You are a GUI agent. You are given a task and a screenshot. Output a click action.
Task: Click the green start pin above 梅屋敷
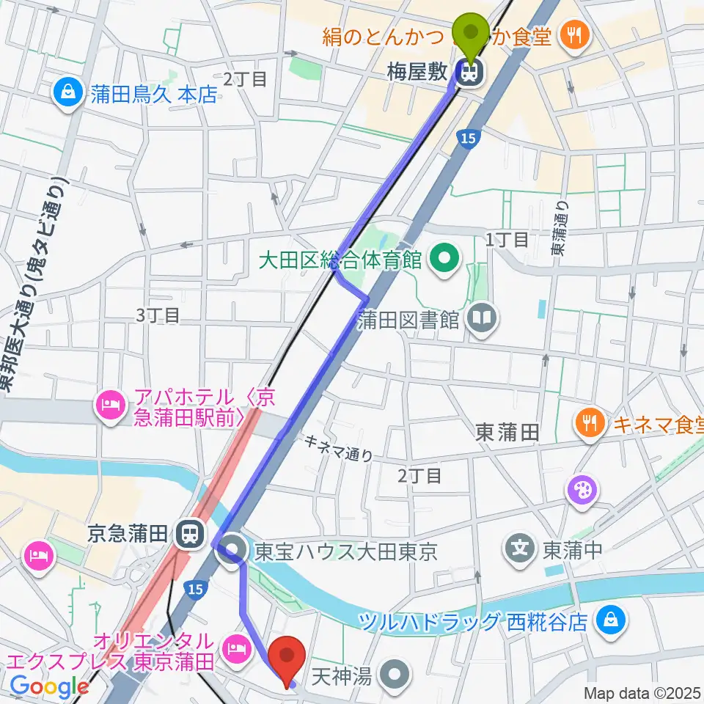click(472, 33)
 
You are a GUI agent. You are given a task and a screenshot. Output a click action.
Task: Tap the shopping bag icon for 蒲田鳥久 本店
click(67, 92)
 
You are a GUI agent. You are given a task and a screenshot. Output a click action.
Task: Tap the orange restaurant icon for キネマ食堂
click(590, 422)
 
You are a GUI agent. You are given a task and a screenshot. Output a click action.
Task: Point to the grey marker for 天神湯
click(396, 672)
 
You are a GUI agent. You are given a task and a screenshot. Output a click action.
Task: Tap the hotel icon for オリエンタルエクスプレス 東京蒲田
click(235, 648)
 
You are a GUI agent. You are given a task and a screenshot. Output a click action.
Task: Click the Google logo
click(50, 687)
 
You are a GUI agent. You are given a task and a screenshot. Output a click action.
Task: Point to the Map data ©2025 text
click(642, 693)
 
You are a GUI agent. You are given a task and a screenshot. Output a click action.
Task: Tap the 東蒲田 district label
click(510, 432)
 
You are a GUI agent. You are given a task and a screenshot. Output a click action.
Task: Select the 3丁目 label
click(158, 315)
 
